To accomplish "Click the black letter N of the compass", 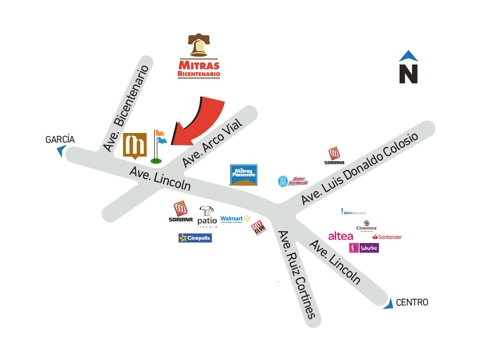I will coord(408,74).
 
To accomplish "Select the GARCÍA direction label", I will coord(60,140).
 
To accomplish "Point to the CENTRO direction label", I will coord(412,302).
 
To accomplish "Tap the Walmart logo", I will coord(235,219).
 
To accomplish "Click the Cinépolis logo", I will coord(195,238).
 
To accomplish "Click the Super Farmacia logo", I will coord(293,181).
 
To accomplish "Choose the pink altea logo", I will coord(341,236).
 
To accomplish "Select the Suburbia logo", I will coord(364,248).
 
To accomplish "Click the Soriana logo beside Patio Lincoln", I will coord(181,212).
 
